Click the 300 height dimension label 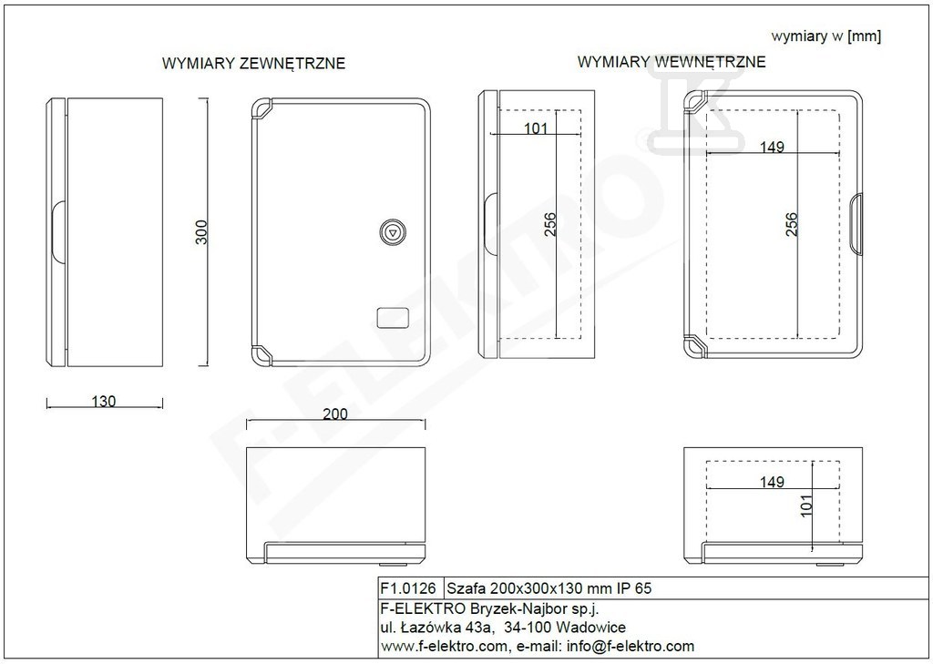[202, 232]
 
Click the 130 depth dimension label [104, 402]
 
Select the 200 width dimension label [335, 414]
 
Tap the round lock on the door [392, 231]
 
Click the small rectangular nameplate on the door [394, 318]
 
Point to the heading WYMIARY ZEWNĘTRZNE [253, 64]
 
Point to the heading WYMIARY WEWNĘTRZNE [672, 62]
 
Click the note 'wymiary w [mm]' [826, 36]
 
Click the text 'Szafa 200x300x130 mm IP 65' [549, 588]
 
